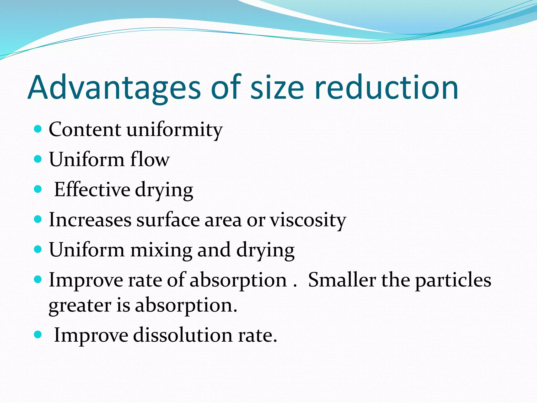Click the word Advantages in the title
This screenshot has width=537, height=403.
tap(114, 88)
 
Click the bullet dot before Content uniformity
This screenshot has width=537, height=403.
tap(38, 129)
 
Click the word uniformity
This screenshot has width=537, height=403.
tap(175, 130)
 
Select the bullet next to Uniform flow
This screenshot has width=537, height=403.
tap(38, 159)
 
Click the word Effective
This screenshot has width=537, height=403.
tap(92, 189)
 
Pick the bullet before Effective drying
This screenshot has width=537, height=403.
tap(38, 189)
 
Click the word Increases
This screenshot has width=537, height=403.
tap(90, 220)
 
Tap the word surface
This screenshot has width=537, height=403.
tap(168, 220)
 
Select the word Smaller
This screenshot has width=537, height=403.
tap(342, 280)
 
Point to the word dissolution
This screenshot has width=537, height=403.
tap(183, 335)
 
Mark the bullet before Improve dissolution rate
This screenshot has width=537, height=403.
tap(38, 335)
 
